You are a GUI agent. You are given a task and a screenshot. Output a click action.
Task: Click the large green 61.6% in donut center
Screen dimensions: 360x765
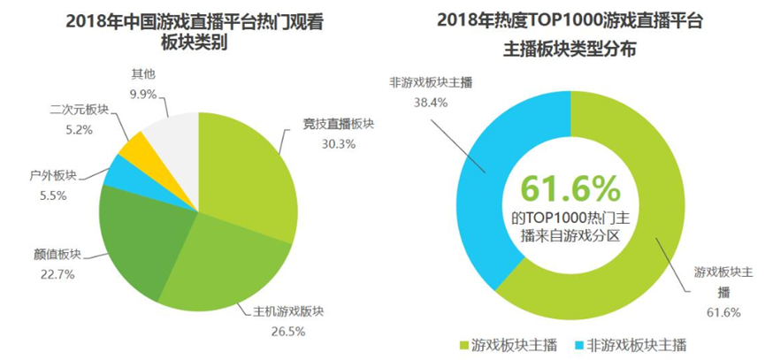pyautogui.click(x=570, y=188)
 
